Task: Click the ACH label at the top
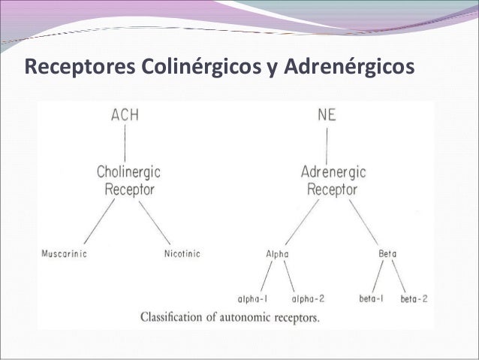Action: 125,115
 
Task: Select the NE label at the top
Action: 327,115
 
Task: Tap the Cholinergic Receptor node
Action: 129,180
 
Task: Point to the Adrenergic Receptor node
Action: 333,180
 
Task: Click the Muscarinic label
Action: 64,253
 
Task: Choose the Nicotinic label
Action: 182,253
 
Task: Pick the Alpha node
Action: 277,254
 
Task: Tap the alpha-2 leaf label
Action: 308,298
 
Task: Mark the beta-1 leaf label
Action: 372,298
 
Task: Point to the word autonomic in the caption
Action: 253,316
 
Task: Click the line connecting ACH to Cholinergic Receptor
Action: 125,143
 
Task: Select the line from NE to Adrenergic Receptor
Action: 329,143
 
